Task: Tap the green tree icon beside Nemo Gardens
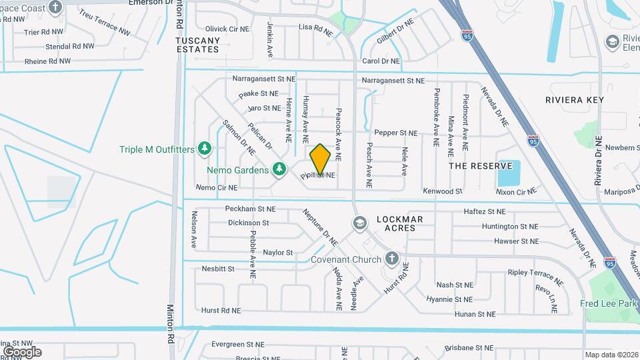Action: [280, 169]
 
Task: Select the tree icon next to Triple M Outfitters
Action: [205, 147]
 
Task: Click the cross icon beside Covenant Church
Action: [391, 257]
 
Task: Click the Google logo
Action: [21, 351]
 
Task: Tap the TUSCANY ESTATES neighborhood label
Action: [197, 45]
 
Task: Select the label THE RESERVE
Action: [480, 165]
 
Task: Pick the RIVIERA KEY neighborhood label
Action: [574, 100]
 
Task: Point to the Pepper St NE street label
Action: [395, 133]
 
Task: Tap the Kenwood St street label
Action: [443, 191]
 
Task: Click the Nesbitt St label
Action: [218, 269]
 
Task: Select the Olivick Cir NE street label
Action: [226, 29]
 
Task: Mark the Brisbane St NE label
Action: [470, 348]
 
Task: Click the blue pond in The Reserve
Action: [509, 173]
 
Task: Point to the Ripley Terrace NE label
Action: [531, 273]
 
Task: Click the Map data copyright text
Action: [611, 355]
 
